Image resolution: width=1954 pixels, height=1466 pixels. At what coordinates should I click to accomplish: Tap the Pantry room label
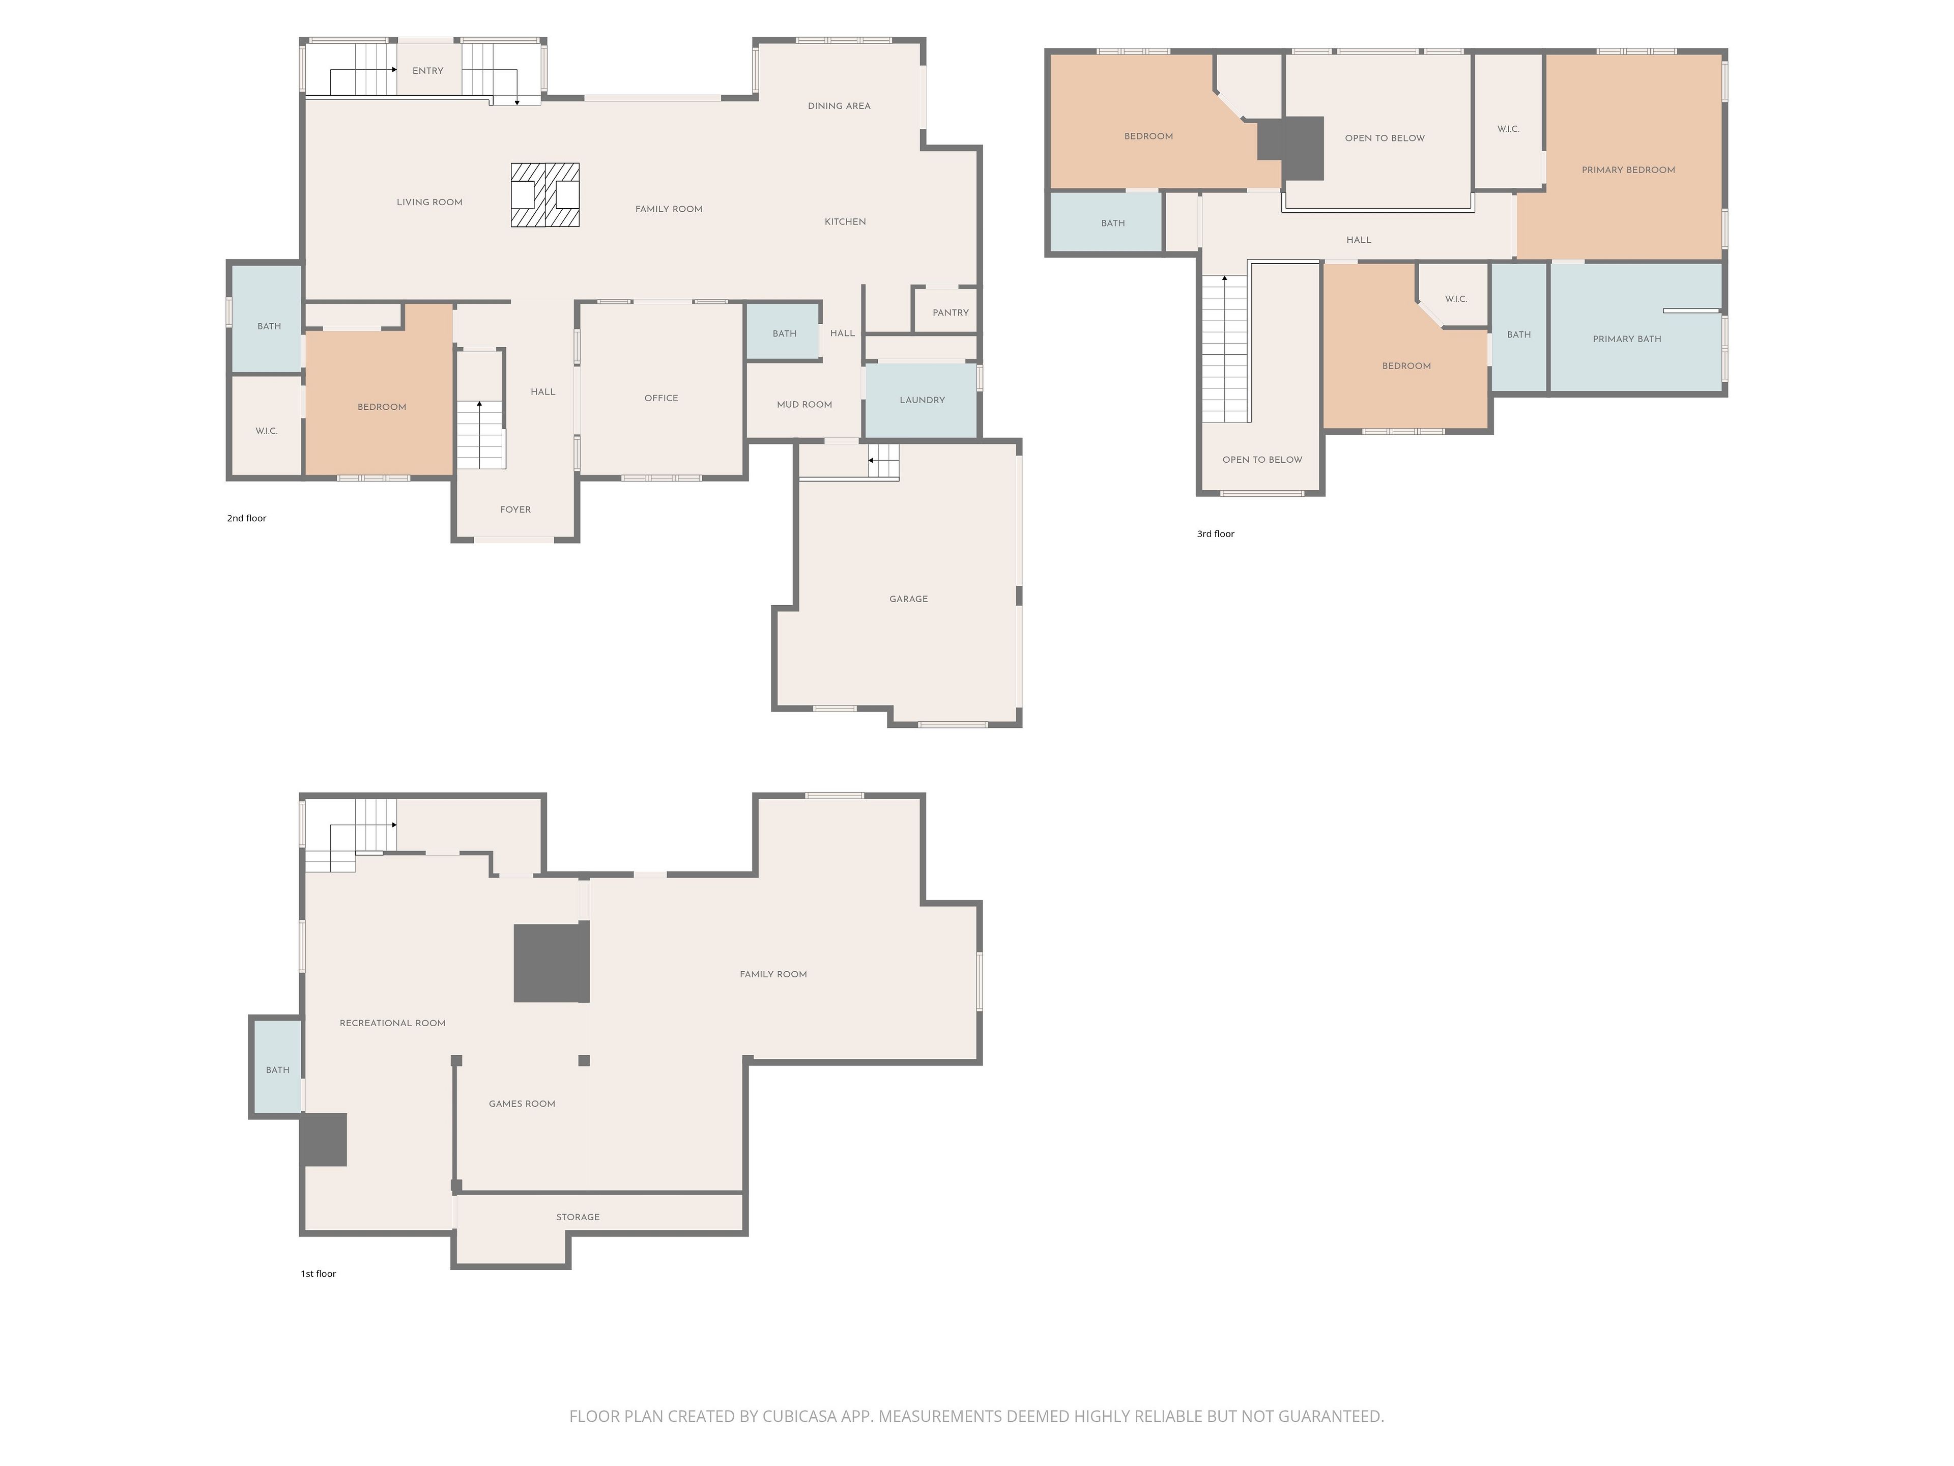pos(951,313)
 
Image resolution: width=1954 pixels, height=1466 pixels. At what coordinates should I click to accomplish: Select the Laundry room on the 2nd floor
pos(922,400)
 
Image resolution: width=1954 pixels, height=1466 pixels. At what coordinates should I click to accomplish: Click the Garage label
pos(908,599)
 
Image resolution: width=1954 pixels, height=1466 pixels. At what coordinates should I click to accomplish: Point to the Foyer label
pos(515,510)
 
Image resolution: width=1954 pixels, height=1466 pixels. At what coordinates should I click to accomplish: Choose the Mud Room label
pos(804,405)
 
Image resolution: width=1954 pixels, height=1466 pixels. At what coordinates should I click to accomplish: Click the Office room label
pos(661,399)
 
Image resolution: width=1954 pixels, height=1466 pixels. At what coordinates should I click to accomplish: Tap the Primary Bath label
pos(1626,340)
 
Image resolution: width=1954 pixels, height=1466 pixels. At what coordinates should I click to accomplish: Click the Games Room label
pos(522,1104)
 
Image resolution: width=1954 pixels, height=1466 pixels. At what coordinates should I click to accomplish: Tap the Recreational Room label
pos(392,1023)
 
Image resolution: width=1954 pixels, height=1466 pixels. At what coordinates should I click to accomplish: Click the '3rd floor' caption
pos(1216,534)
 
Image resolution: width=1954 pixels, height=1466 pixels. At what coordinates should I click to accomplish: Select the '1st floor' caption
pos(318,1274)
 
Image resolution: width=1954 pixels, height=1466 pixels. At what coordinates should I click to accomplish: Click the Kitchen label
pos(845,222)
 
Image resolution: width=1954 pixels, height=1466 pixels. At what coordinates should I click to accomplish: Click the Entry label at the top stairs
pos(427,71)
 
